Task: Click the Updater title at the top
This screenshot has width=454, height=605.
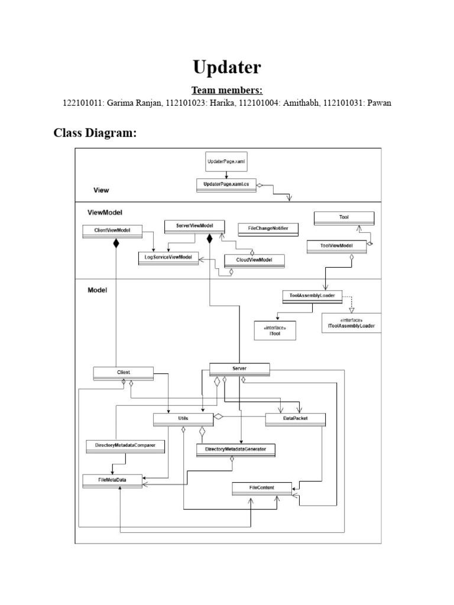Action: click(x=226, y=67)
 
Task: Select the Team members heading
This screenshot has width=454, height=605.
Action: click(x=226, y=90)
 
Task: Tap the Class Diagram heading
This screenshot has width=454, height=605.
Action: click(x=95, y=133)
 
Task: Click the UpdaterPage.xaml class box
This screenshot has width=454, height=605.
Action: click(x=225, y=161)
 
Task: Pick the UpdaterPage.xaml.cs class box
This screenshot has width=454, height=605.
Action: click(x=225, y=185)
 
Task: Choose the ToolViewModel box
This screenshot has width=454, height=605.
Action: click(x=336, y=246)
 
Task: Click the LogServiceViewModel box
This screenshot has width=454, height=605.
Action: click(x=168, y=258)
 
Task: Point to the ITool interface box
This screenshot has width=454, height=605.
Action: click(x=274, y=331)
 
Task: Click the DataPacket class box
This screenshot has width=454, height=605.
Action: click(x=295, y=419)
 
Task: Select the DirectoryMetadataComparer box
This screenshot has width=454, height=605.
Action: click(x=125, y=445)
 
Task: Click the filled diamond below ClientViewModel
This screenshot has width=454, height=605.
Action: click(x=116, y=243)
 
